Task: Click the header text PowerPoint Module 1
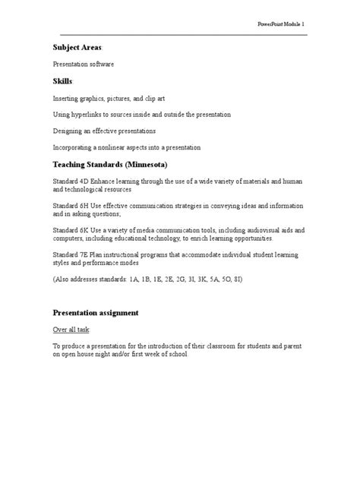(282, 26)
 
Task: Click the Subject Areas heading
(77, 48)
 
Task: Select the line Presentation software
(83, 65)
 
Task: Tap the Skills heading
(62, 81)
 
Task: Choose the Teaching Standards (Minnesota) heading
(110, 164)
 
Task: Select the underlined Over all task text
(71, 330)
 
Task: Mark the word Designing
(68, 131)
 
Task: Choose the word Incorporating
(73, 147)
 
